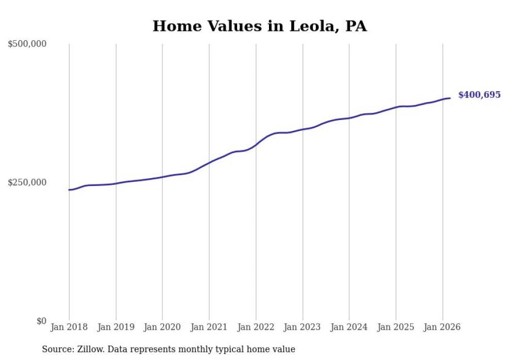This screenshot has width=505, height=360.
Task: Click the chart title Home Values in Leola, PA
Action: (259, 26)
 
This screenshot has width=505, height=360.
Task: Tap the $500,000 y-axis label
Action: (27, 44)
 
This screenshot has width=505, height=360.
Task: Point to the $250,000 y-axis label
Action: (27, 182)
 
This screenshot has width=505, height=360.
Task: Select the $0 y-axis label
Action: (41, 321)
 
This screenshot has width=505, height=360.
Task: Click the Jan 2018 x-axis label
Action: (69, 327)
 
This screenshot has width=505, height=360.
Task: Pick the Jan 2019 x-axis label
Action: (115, 327)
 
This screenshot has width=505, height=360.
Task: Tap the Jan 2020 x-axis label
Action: (162, 327)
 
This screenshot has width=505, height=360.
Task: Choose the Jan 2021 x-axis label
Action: (209, 327)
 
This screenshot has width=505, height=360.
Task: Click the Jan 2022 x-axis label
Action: (256, 327)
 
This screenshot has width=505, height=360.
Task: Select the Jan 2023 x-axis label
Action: (302, 327)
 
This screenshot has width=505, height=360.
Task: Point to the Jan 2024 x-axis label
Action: (349, 327)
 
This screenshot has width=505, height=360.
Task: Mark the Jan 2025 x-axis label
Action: (395, 327)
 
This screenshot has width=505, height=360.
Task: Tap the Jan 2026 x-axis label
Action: (442, 327)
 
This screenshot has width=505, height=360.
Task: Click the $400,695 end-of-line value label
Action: (479, 95)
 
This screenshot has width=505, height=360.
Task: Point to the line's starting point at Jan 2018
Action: (70, 190)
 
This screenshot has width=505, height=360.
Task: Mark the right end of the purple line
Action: (450, 98)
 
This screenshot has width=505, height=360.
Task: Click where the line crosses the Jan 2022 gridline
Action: (256, 145)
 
